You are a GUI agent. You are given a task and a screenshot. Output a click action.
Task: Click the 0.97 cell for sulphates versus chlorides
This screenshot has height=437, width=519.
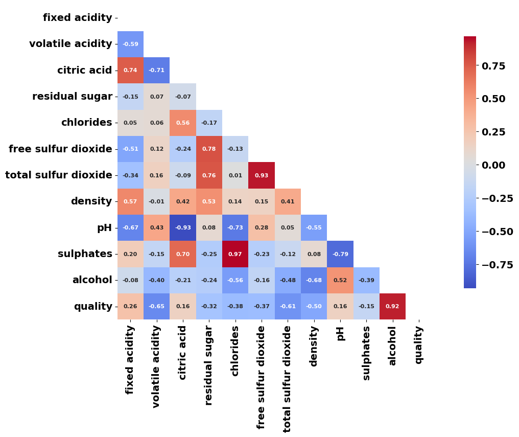click(x=235, y=254)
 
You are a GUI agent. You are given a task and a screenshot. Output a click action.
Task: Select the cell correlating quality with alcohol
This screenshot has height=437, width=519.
click(x=392, y=306)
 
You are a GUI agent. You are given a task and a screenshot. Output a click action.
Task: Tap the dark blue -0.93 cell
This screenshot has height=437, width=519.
click(x=183, y=227)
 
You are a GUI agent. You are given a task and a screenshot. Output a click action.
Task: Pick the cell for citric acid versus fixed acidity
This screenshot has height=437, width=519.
click(x=130, y=70)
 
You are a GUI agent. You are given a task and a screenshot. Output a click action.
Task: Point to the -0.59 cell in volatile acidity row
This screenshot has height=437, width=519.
click(x=130, y=44)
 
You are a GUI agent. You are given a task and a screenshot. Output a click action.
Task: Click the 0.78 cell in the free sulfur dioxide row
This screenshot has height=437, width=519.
click(x=209, y=149)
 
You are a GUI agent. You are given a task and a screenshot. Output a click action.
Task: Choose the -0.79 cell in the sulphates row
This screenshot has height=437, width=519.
click(x=340, y=254)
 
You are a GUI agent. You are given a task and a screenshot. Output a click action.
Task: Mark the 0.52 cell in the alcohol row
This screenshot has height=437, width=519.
click(x=340, y=280)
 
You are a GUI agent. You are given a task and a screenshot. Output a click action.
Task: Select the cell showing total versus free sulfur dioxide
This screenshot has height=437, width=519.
click(x=262, y=175)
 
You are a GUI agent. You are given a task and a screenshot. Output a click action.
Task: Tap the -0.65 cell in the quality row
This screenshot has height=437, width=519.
click(x=156, y=306)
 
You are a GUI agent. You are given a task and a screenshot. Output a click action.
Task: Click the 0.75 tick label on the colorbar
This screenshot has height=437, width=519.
click(x=493, y=65)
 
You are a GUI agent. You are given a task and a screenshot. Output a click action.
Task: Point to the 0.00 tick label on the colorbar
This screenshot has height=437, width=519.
click(x=493, y=165)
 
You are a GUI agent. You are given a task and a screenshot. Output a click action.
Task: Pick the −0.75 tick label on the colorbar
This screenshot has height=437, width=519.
click(x=497, y=264)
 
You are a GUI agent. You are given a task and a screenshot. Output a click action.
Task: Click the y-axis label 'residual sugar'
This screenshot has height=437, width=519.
click(x=72, y=96)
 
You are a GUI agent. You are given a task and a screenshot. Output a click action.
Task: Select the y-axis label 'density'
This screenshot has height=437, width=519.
click(x=91, y=201)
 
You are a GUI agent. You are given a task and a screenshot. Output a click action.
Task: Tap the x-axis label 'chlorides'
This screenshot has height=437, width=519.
click(x=235, y=351)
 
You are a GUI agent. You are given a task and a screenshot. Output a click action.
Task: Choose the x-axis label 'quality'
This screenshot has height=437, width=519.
click(x=418, y=344)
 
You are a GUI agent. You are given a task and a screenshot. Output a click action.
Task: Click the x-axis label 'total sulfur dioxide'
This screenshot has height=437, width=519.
click(x=288, y=379)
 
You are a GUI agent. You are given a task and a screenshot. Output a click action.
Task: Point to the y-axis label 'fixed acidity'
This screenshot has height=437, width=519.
click(x=77, y=18)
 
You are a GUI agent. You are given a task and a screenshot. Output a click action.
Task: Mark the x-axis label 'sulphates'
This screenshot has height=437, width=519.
click(x=366, y=353)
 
